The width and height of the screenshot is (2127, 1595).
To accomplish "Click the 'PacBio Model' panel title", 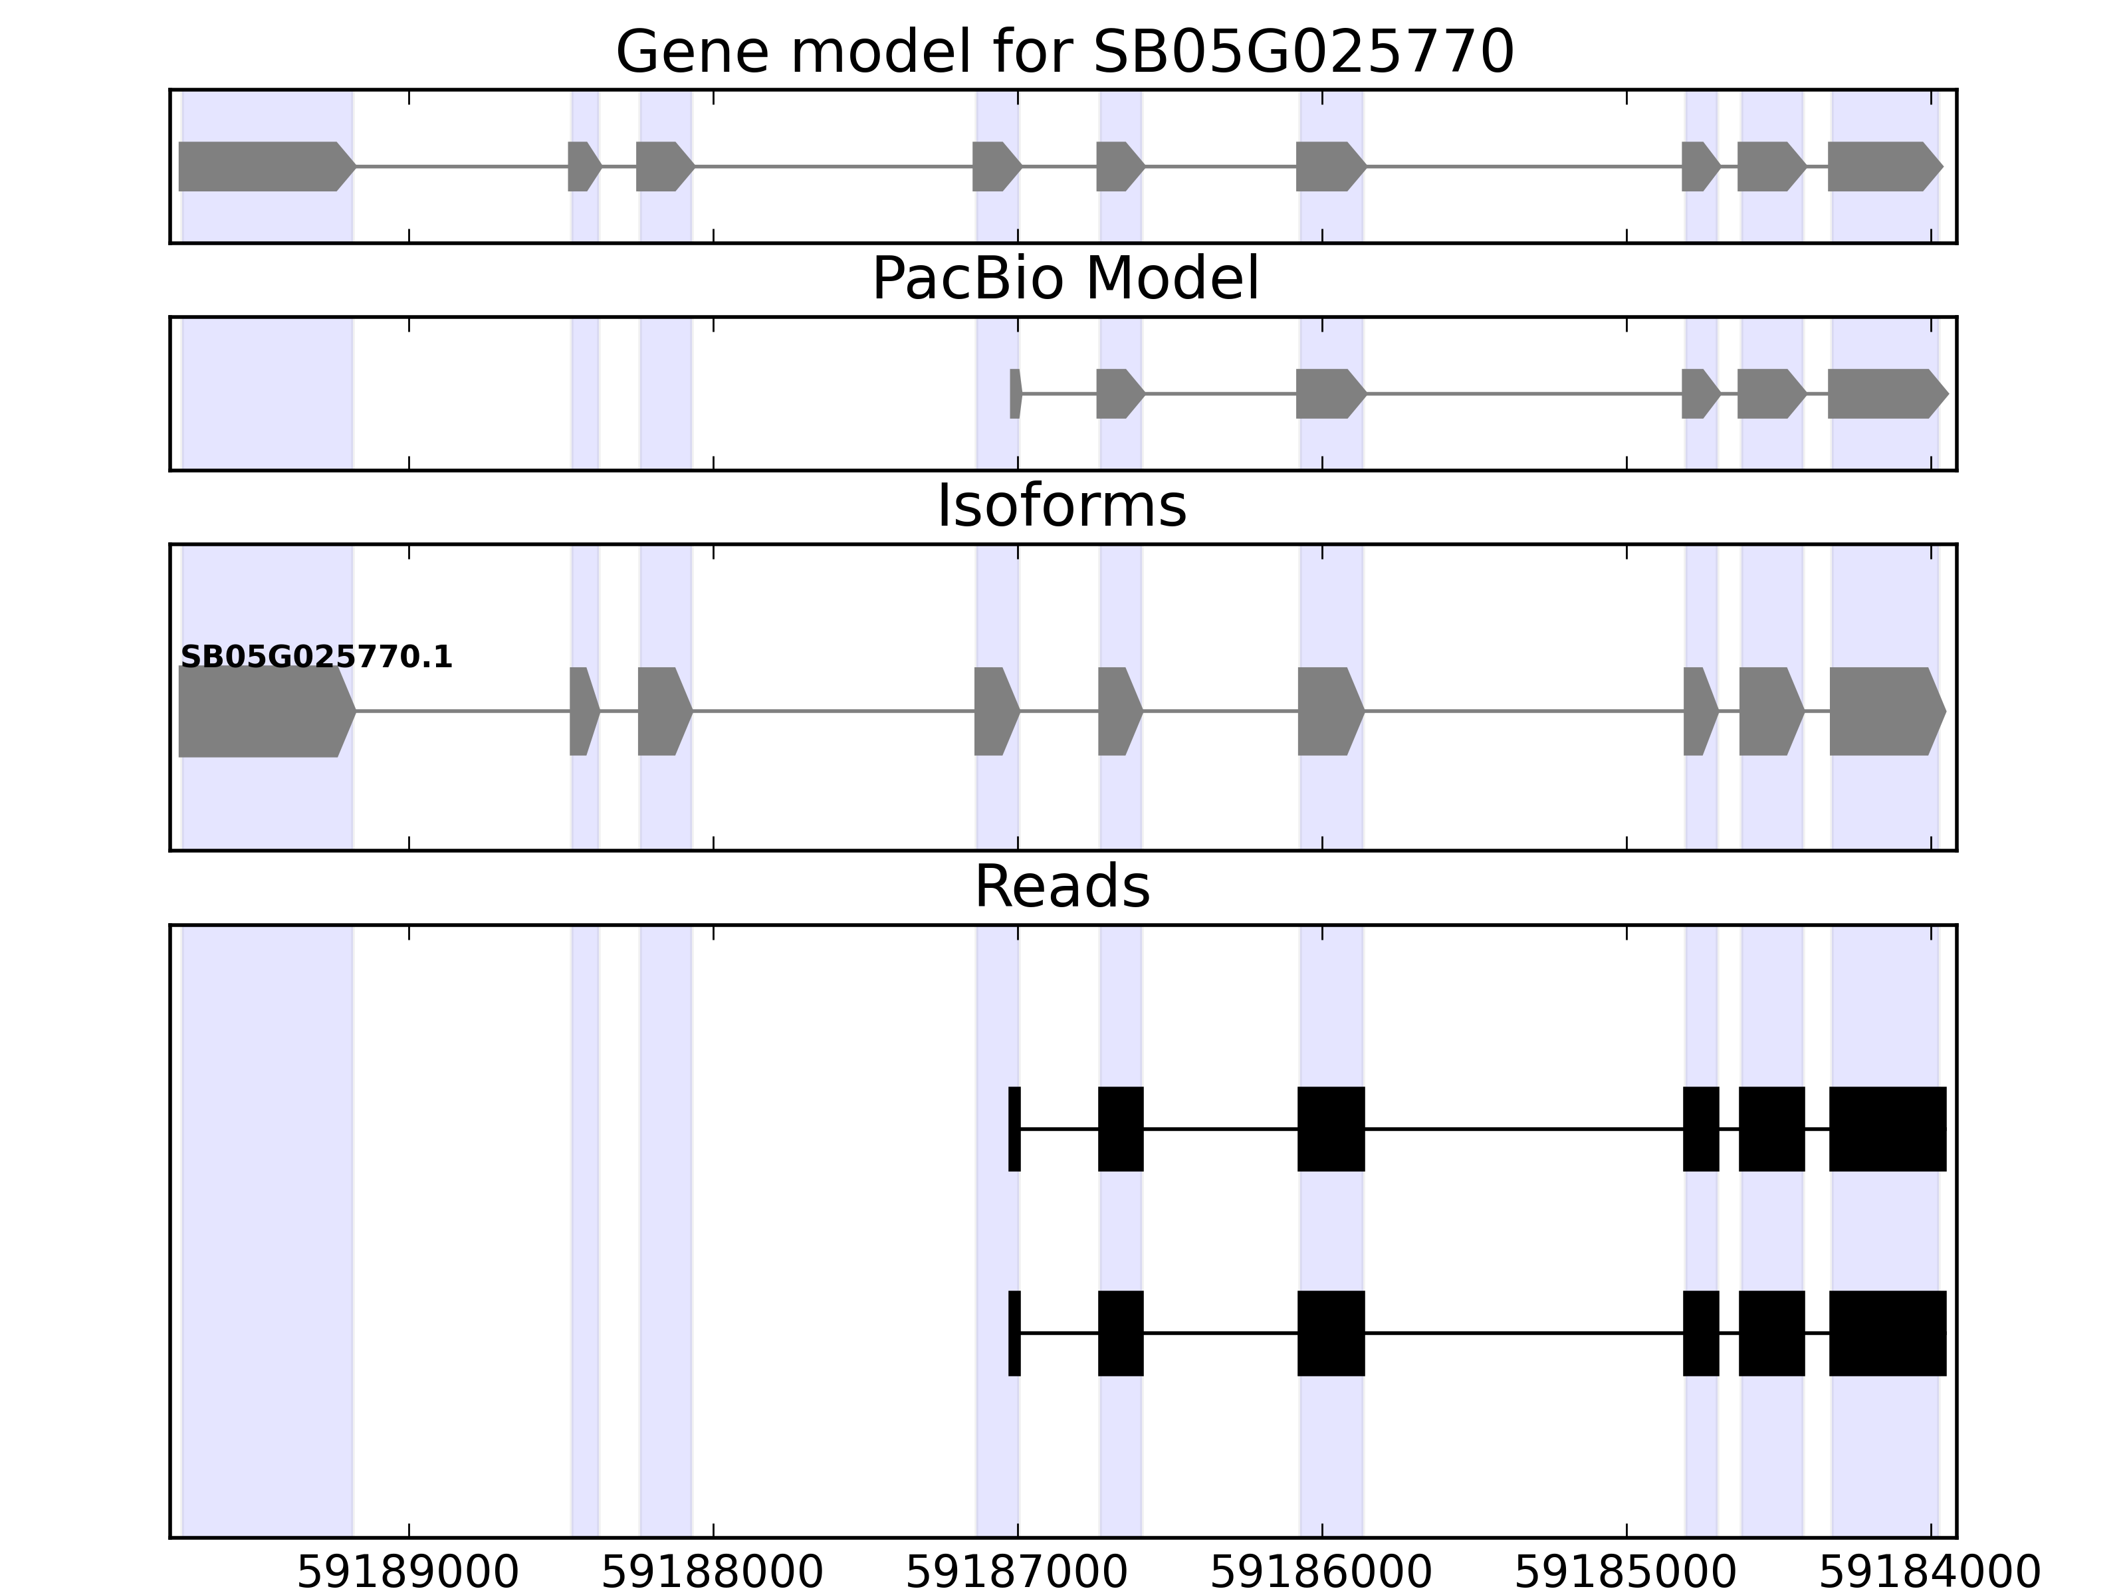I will pyautogui.click(x=1063, y=280).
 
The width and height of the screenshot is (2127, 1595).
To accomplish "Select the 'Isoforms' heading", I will pyautogui.click(x=1062, y=506).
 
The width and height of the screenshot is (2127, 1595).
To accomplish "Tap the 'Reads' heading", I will pyautogui.click(x=1062, y=887).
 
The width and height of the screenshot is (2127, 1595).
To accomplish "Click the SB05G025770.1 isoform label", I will pyautogui.click(x=316, y=658).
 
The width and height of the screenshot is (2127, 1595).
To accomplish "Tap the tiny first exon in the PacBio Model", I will pyautogui.click(x=1014, y=393).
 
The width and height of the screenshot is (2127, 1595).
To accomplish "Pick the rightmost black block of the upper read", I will pyautogui.click(x=1886, y=1128).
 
